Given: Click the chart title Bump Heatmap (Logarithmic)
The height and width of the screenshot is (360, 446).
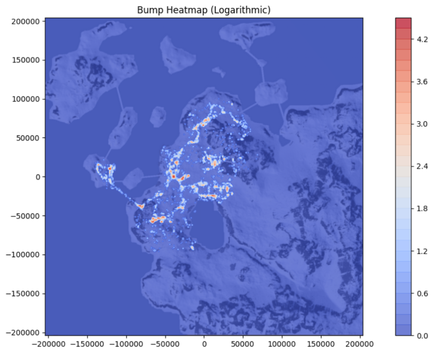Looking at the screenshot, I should click(x=204, y=10).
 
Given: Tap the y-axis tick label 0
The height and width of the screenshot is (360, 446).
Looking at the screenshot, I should click(x=38, y=177).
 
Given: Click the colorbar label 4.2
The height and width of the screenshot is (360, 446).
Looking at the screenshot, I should click(x=422, y=39).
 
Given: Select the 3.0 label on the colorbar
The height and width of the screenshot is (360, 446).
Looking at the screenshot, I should click(x=422, y=124).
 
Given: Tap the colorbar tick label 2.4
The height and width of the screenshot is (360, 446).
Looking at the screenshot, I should click(x=422, y=166).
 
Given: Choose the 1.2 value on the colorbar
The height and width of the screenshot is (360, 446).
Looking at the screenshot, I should click(x=422, y=251).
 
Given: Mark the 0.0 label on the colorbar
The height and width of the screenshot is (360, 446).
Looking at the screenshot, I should click(x=422, y=336).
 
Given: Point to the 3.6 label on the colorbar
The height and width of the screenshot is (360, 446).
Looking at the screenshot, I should click(x=422, y=81).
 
